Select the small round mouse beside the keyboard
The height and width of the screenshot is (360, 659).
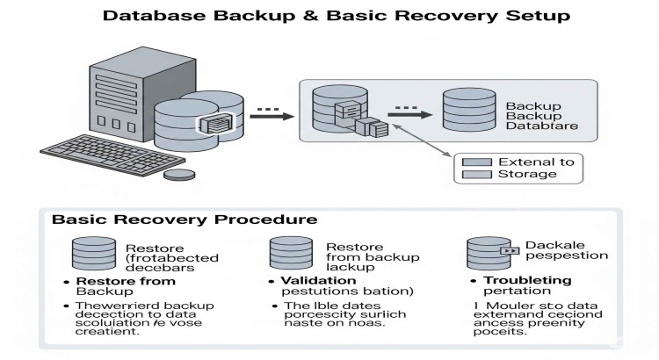179,174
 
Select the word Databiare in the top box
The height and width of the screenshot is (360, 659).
539,128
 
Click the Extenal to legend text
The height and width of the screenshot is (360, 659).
535,162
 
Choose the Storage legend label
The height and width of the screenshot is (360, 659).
527,174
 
